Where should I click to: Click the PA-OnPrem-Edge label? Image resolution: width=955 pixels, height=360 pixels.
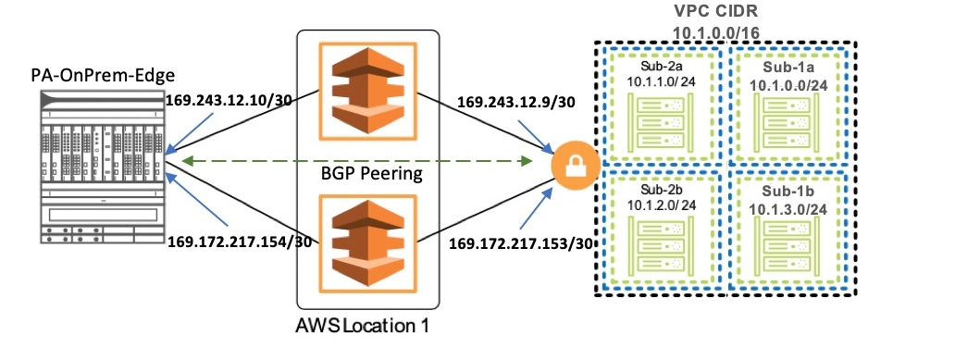pos(103,76)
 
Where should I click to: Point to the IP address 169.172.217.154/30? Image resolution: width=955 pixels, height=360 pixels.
pos(240,242)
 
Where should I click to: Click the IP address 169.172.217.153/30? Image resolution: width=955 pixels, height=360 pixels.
pos(521,243)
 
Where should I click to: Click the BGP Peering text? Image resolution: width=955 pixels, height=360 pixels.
pos(371,174)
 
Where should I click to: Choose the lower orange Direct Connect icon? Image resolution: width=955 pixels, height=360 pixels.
pos(368,242)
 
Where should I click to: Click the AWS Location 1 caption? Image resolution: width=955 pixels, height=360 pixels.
pos(363,326)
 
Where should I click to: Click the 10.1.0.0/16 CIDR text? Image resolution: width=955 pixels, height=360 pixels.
pos(716,31)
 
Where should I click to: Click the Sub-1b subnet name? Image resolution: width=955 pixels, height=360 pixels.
pos(788,192)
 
